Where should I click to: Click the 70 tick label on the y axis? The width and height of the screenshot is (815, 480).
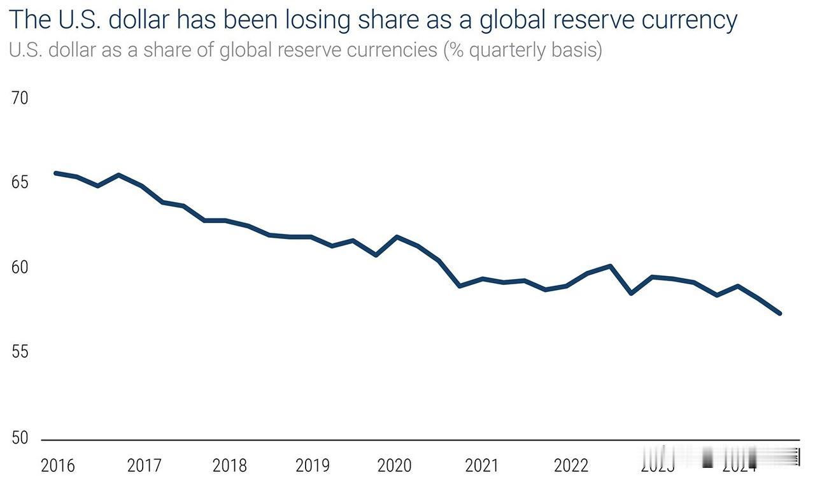(20, 99)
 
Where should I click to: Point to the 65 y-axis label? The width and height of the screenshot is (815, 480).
(20, 183)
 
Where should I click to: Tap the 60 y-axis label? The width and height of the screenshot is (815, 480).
(20, 267)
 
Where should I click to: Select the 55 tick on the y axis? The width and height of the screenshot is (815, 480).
(20, 352)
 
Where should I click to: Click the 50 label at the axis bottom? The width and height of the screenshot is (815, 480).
(20, 438)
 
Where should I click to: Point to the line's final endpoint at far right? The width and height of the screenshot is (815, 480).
(779, 313)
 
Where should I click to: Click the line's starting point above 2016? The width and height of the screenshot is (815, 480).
(56, 173)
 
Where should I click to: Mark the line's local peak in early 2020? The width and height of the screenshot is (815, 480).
(397, 236)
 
